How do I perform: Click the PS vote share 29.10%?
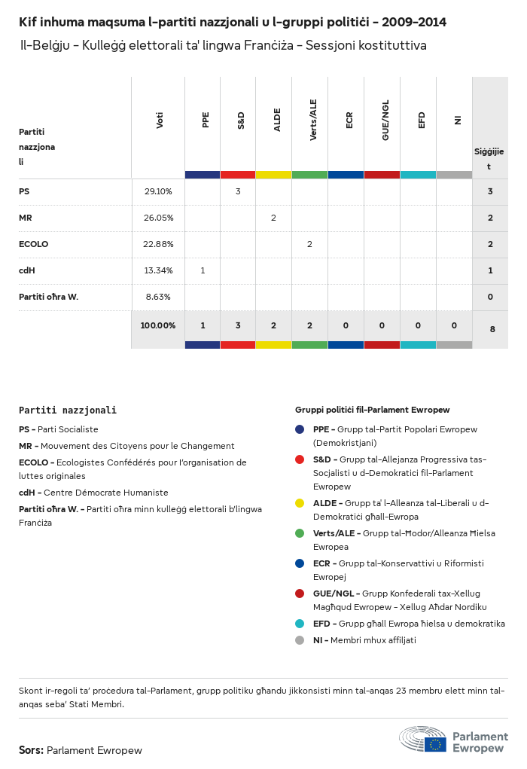click(158, 191)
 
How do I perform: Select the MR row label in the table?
click(26, 218)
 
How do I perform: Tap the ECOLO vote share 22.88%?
click(158, 244)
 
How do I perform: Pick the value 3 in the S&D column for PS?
click(238, 191)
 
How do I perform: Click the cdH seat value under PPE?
click(203, 270)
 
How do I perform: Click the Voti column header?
click(159, 121)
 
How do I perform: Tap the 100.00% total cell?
click(158, 325)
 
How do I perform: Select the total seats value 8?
click(490, 328)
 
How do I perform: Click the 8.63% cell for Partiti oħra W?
click(158, 297)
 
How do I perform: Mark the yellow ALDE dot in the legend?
click(300, 503)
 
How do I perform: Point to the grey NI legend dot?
click(300, 640)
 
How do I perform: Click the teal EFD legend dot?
click(300, 624)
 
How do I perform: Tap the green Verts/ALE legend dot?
click(300, 533)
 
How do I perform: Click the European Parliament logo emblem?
click(423, 739)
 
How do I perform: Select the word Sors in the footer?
click(31, 750)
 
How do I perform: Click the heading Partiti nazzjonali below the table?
click(68, 410)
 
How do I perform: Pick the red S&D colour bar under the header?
click(238, 175)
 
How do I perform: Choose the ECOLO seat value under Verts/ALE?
click(309, 244)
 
